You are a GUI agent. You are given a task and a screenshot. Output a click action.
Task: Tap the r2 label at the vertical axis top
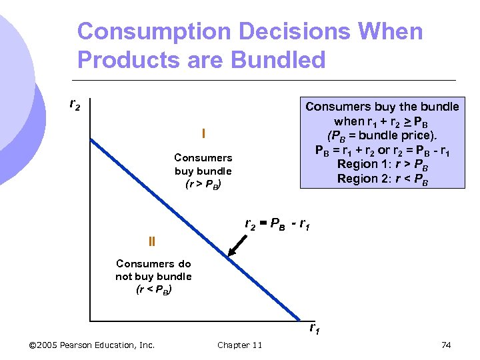75,105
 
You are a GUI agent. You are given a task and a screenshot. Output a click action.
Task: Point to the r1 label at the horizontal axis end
314,327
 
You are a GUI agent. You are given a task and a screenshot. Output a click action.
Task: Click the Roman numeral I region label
203,135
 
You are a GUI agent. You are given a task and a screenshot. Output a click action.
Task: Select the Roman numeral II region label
151,241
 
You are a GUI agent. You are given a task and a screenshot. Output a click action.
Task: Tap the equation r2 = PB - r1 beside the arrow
277,224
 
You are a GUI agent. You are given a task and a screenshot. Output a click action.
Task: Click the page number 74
446,345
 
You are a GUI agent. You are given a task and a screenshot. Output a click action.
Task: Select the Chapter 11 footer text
239,345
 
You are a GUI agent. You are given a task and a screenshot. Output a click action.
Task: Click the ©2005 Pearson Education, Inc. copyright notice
93,345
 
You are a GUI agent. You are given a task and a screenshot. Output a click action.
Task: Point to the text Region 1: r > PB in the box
382,164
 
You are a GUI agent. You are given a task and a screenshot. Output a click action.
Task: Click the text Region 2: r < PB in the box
382,178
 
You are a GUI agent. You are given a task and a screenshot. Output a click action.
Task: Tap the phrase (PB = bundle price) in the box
382,135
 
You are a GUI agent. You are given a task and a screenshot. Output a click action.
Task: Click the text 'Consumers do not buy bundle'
153,269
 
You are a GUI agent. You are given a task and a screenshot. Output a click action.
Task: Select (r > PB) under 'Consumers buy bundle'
203,184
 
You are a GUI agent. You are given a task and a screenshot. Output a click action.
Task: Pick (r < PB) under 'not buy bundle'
153,289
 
